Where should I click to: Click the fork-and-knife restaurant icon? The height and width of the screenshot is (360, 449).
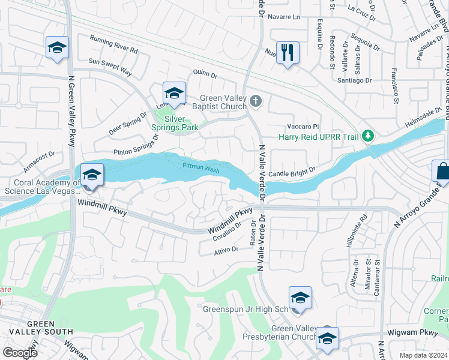[288, 53]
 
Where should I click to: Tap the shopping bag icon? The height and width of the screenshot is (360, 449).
[442, 172]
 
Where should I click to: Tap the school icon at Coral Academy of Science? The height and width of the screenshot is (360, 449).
[92, 175]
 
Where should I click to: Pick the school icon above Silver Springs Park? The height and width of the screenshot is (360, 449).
[174, 94]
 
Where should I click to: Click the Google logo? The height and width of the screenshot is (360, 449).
[20, 352]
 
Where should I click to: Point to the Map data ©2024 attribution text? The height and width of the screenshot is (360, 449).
[423, 355]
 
